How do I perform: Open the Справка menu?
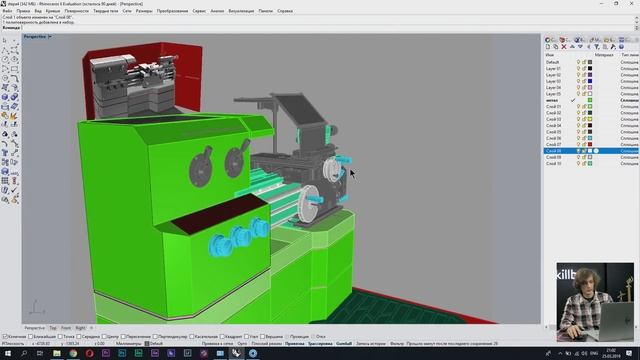coord(285,11)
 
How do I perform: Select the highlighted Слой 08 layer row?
coord(555,151)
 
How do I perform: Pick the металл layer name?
coord(553,100)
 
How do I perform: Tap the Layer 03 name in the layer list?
coord(554,81)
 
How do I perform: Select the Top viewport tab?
coord(53,328)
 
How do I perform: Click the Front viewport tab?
coord(66,328)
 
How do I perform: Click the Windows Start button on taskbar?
coord(6,353)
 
